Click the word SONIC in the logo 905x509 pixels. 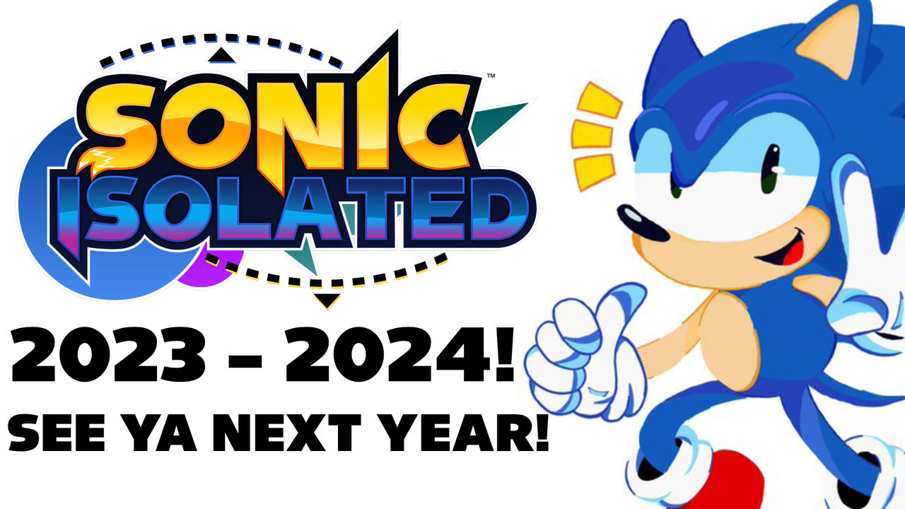279,121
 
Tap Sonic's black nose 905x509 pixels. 641,223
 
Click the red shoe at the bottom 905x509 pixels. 731,481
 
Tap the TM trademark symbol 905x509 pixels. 491,76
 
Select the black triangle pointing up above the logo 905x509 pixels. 221,57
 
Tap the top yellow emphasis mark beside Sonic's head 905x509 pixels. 599,100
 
